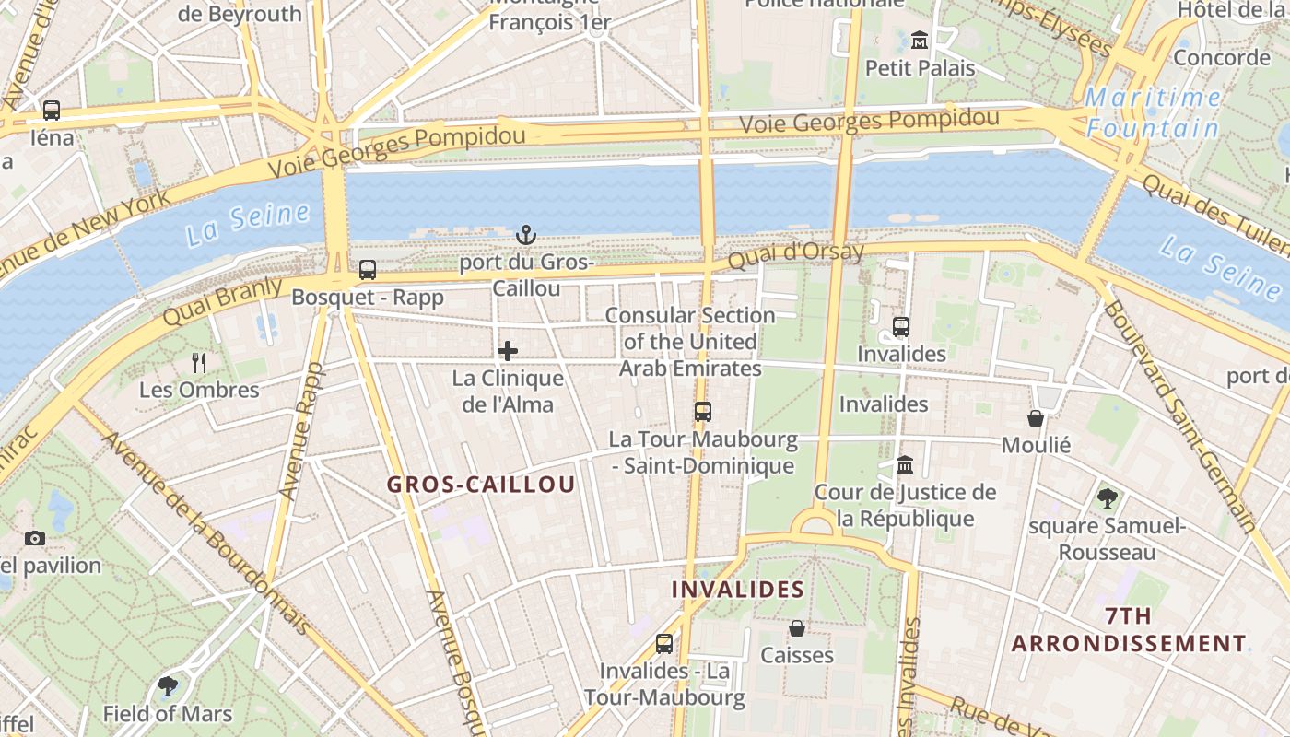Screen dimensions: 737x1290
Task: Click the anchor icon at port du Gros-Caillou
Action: point(525,235)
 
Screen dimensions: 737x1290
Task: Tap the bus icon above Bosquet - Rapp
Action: point(367,270)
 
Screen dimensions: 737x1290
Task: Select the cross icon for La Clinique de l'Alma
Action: point(508,351)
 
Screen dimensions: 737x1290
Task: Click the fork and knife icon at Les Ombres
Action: point(199,362)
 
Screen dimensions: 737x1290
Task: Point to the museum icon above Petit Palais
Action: point(919,41)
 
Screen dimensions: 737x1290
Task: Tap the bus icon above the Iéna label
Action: point(52,111)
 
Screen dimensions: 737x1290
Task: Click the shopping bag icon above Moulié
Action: point(1036,418)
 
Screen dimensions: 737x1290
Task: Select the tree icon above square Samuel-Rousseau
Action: point(1108,498)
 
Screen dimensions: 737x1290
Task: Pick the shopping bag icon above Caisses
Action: point(797,628)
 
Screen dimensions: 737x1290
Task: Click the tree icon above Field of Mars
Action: point(168,686)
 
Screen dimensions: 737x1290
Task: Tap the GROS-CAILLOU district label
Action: point(481,485)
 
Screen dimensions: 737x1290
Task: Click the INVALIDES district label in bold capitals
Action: point(738,590)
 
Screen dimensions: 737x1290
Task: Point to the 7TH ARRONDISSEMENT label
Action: point(1129,630)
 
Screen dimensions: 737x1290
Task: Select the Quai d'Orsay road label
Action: point(796,254)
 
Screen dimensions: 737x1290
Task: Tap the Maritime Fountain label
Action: point(1153,112)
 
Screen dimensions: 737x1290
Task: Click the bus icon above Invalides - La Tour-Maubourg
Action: point(663,644)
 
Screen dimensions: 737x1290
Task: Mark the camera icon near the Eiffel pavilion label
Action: point(35,538)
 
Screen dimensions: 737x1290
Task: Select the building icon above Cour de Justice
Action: point(904,464)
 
